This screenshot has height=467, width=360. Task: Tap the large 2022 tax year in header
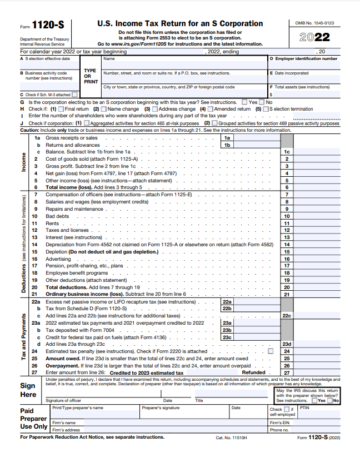pyautogui.click(x=314, y=37)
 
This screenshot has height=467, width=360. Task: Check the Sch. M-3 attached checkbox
pyautogui.click(x=74, y=95)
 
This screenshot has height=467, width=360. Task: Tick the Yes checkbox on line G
pyautogui.click(x=245, y=102)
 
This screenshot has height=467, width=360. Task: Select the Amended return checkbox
pyautogui.click(x=210, y=109)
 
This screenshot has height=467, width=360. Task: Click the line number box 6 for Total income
pyautogui.click(x=287, y=187)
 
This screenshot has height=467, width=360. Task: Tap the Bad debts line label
pyautogui.click(x=58, y=216)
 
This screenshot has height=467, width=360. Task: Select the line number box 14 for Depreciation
pyautogui.click(x=287, y=244)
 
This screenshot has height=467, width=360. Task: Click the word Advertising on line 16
pyautogui.click(x=58, y=259)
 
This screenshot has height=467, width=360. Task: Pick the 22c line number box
pyautogui.click(x=287, y=315)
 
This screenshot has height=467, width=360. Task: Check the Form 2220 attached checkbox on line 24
pyautogui.click(x=271, y=351)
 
